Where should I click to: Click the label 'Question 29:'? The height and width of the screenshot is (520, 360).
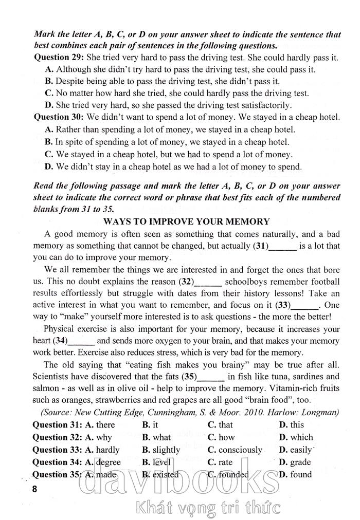tap(59, 57)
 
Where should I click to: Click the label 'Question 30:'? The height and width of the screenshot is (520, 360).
tap(59, 118)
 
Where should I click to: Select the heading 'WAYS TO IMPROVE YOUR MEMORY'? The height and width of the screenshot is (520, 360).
tap(186, 221)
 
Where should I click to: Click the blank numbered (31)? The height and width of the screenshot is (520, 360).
tap(283, 246)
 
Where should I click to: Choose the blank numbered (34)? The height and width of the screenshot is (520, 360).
tap(81, 341)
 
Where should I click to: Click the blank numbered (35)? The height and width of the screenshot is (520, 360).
tap(211, 377)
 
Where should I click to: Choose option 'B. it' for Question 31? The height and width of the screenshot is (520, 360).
tap(150, 425)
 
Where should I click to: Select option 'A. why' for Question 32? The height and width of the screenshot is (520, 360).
tap(98, 437)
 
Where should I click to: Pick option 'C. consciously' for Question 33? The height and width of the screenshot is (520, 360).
tap(235, 450)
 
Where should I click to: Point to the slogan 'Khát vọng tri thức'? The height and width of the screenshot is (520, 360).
tap(206, 508)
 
